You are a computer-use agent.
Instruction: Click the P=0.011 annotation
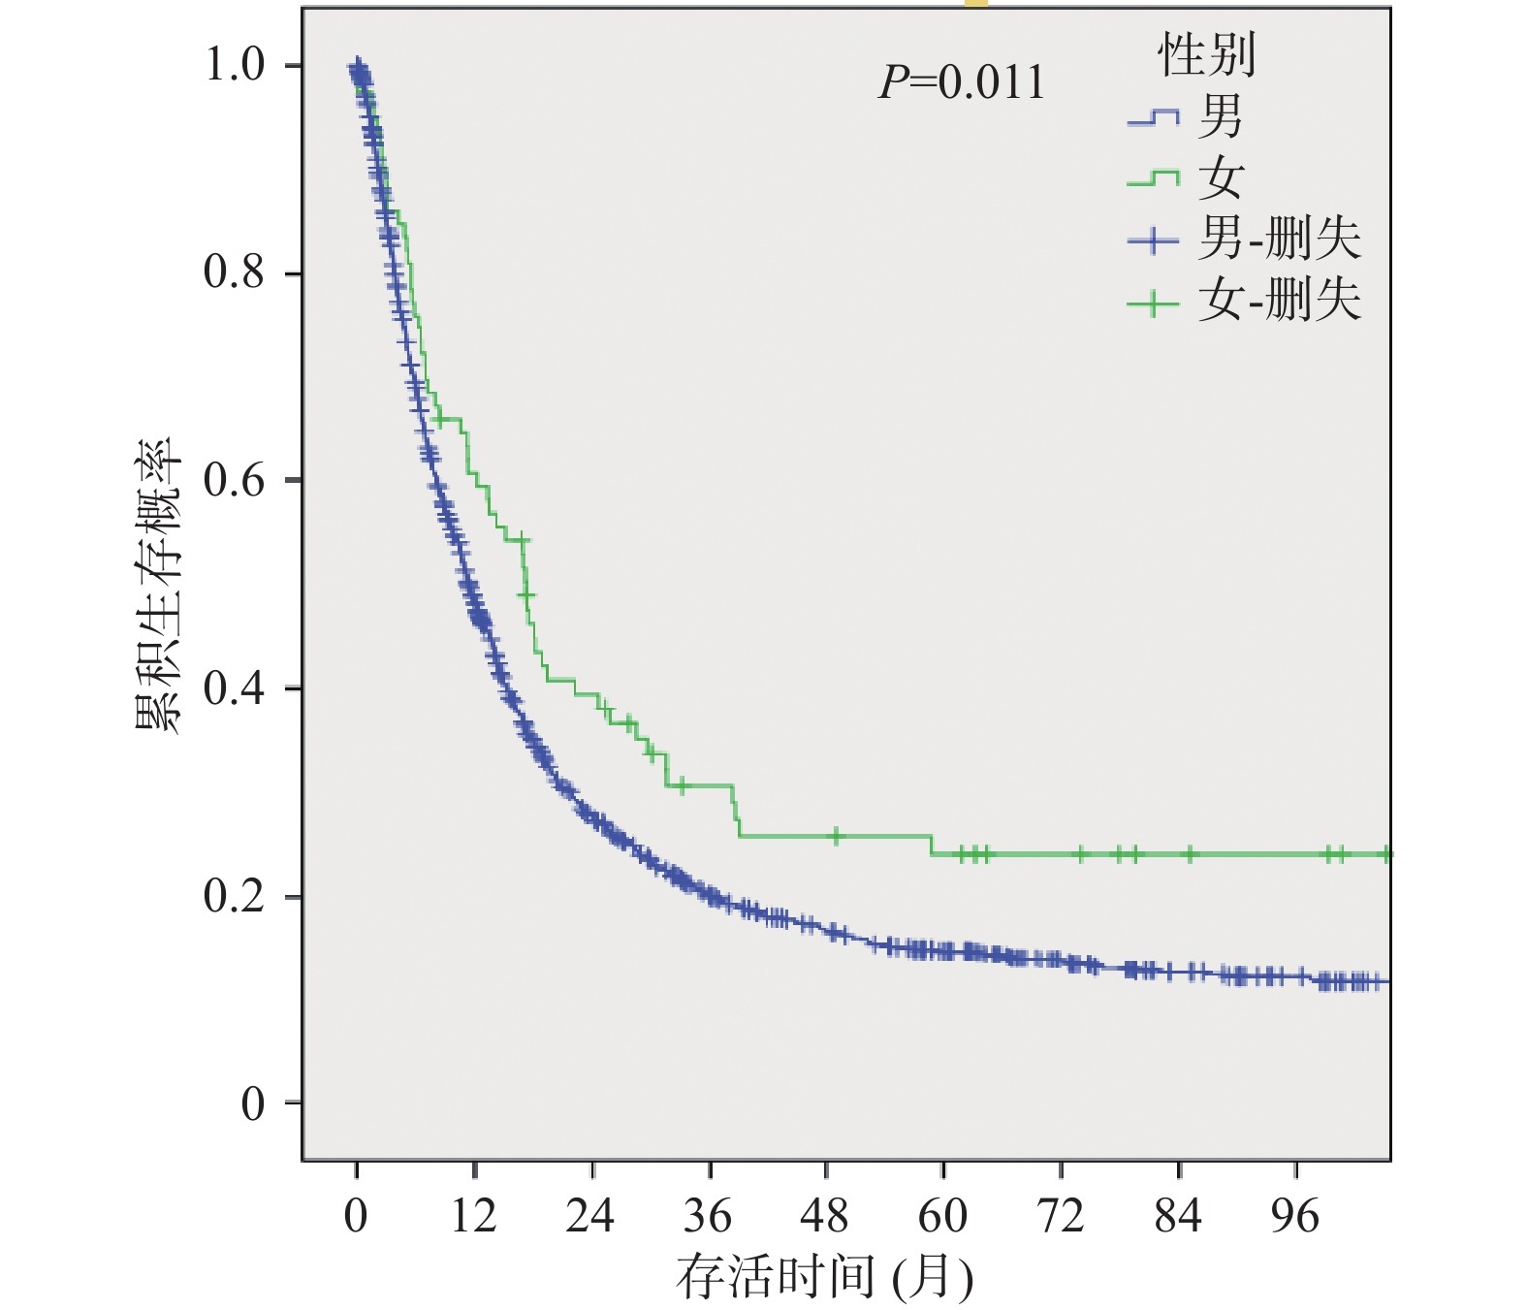tap(962, 83)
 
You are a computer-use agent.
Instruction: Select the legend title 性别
tap(1207, 54)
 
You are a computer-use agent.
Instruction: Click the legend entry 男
tap(1220, 117)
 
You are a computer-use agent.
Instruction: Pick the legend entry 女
tap(1220, 177)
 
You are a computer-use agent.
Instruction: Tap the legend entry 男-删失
tap(1278, 239)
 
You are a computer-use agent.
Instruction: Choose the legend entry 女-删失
tap(1278, 300)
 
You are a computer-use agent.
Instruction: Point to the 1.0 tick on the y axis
tap(234, 65)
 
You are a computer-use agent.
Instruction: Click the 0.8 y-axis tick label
tap(234, 272)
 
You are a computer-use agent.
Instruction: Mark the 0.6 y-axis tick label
tap(234, 480)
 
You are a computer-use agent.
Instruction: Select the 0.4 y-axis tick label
tap(234, 688)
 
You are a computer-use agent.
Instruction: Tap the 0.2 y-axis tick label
tap(234, 896)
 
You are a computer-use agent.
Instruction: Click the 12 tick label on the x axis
tap(473, 1216)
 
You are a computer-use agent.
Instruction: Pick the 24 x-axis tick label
tap(590, 1216)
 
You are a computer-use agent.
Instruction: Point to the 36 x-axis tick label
tap(708, 1216)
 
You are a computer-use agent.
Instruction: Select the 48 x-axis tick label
tap(825, 1216)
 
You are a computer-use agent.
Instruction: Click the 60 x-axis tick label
tap(942, 1216)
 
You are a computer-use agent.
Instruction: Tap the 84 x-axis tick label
tap(1178, 1216)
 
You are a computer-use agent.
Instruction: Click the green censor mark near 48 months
tap(836, 835)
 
